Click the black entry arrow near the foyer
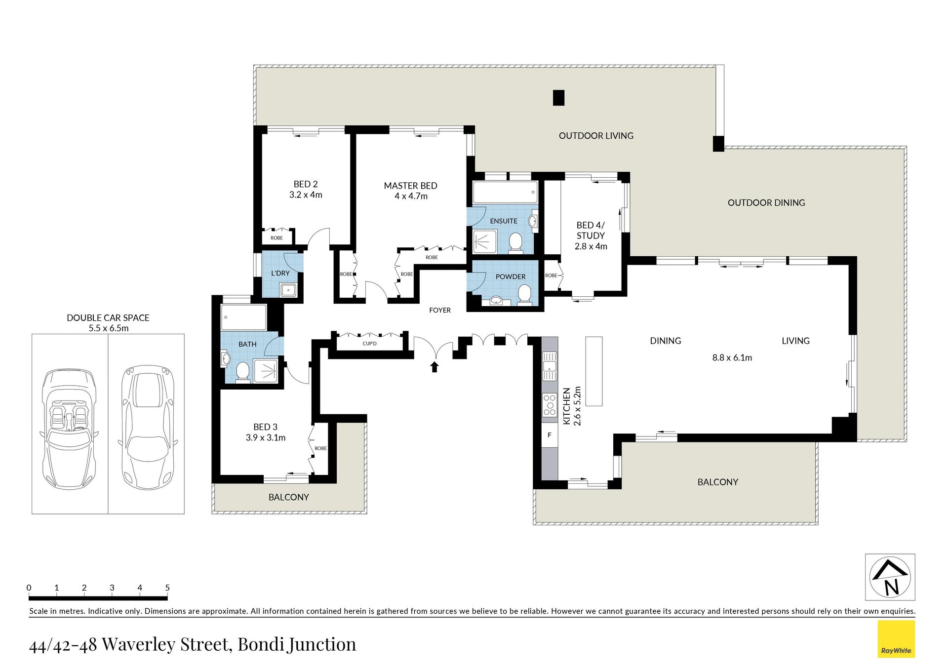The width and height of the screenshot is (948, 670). tap(434, 366)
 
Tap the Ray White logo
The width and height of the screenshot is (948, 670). tap(896, 639)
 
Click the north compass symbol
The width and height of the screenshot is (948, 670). tap(890, 577)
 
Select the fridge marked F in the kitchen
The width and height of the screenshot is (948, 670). tap(550, 435)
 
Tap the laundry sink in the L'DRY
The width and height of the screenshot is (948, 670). tap(288, 290)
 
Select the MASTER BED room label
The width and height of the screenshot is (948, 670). tap(410, 186)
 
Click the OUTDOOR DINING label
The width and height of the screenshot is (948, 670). tap(766, 202)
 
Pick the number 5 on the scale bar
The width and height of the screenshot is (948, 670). tap(167, 588)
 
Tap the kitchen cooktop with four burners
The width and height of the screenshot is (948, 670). tap(550, 404)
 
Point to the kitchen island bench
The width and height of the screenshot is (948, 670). tap(594, 371)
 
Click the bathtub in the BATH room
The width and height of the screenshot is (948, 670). tap(244, 317)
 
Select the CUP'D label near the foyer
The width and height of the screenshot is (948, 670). tap(369, 343)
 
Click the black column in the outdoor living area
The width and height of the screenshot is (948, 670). tap(558, 98)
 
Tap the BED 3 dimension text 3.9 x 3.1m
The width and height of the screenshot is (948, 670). tap(266, 437)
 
